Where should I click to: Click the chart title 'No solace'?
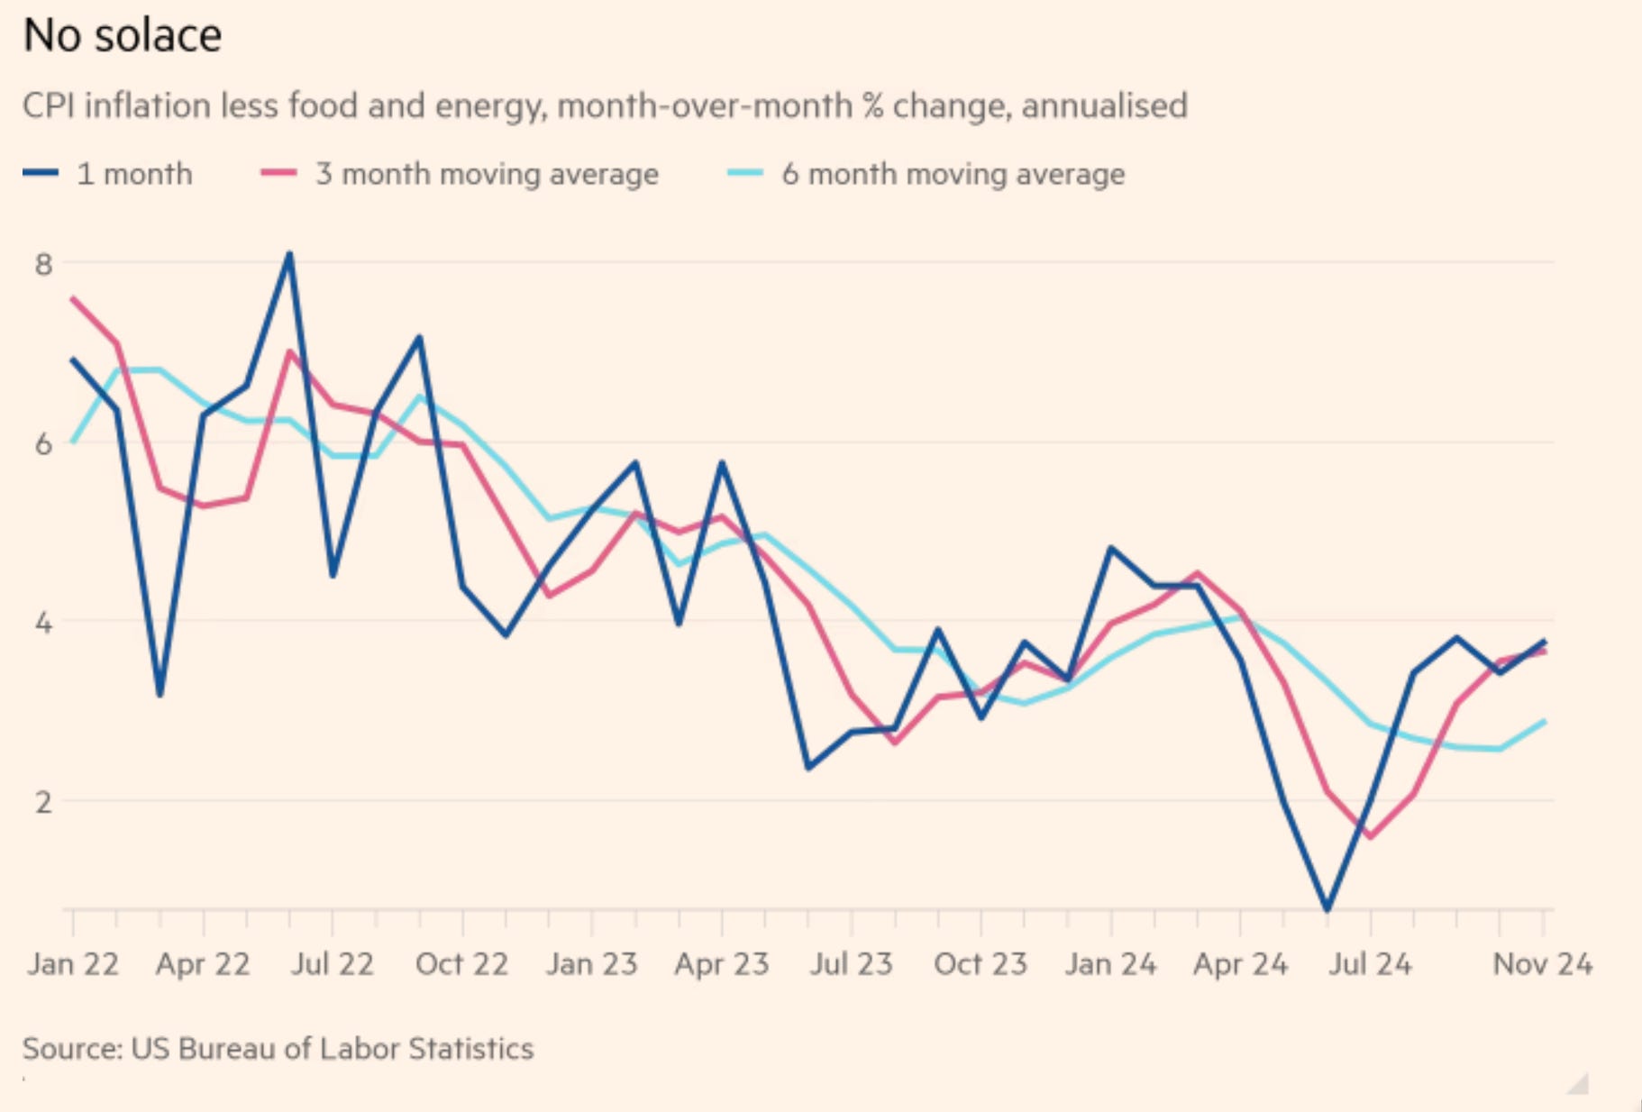[123, 36]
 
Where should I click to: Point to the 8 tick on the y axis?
[43, 264]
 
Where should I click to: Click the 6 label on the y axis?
[43, 443]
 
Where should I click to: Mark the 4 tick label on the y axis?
[43, 623]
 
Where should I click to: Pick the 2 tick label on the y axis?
[43, 801]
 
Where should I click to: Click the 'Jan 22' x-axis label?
[73, 964]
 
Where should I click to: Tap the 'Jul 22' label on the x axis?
[332, 964]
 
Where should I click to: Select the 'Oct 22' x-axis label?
[461, 964]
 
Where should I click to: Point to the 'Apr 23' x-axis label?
[722, 964]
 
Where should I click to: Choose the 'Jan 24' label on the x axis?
[1110, 964]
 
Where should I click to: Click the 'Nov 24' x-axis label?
[1542, 964]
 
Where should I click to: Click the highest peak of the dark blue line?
[289, 254]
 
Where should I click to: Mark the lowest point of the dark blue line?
[1327, 909]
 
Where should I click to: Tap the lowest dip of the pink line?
[1370, 837]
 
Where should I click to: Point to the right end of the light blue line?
[1545, 721]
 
